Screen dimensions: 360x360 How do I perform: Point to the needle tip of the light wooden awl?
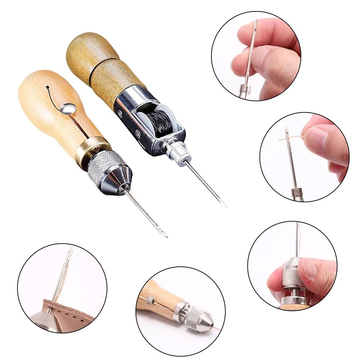point(166,237)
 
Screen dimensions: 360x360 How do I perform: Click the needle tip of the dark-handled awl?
point(225,206)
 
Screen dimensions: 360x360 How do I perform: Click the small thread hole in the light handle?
point(47,87)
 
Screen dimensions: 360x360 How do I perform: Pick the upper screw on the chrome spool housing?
point(120,113)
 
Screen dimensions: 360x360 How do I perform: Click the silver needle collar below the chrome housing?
point(177,151)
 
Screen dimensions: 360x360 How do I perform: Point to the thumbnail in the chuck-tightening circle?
point(310,268)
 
